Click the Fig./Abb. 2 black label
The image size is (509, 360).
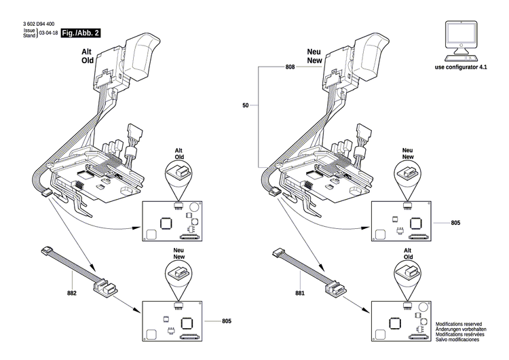[80, 33]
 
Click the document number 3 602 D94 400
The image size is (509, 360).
[39, 24]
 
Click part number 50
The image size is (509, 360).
[246, 106]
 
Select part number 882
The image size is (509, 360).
[72, 293]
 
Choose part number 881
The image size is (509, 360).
[301, 293]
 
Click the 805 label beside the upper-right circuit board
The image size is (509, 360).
[455, 222]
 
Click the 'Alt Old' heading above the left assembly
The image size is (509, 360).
[87, 55]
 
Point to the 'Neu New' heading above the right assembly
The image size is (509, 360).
[314, 55]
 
